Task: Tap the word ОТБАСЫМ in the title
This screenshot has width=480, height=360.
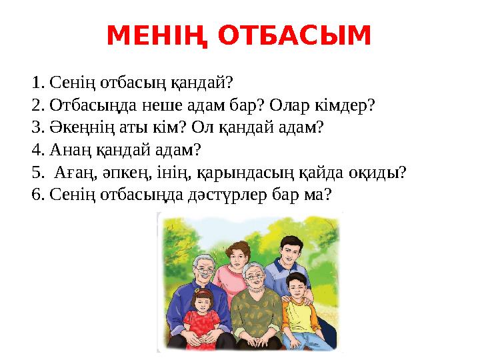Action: point(294,36)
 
